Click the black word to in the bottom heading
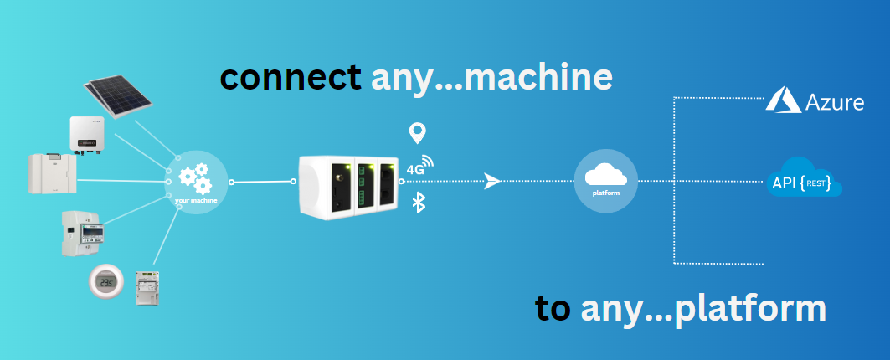[x=553, y=309]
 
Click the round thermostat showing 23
[x=106, y=282]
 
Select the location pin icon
[x=416, y=133]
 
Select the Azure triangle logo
[x=783, y=100]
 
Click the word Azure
[x=834, y=103]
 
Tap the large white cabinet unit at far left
[x=52, y=172]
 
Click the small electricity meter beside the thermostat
[x=147, y=285]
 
